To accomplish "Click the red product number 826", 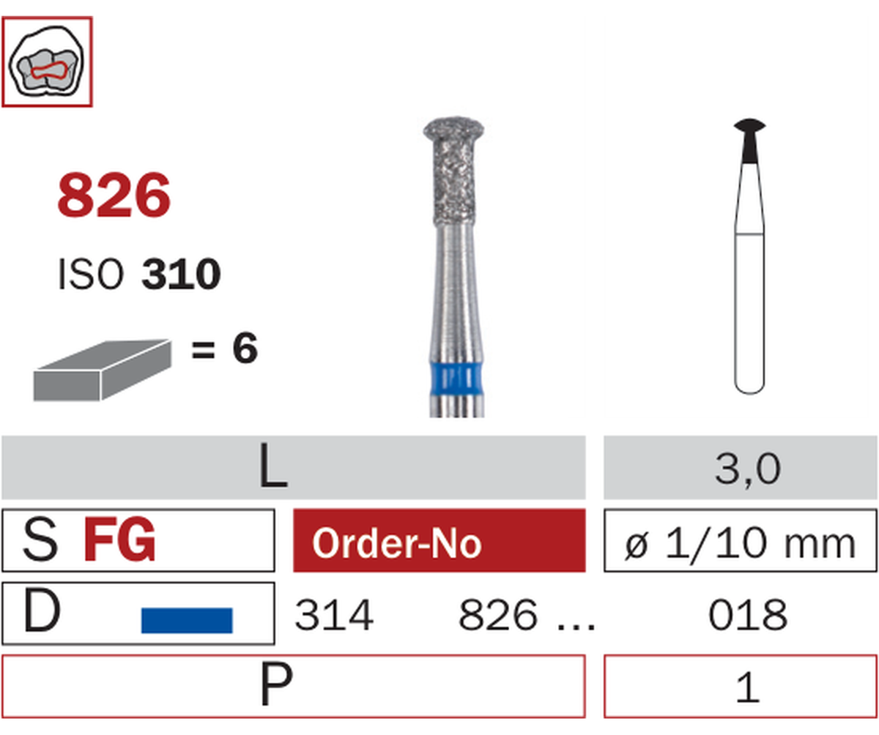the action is pyautogui.click(x=114, y=195).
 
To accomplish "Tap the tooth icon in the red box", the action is pyautogui.click(x=47, y=61).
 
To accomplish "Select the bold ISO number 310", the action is pyautogui.click(x=181, y=275).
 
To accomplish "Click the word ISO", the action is pyautogui.click(x=91, y=275).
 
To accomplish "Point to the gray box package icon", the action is pyautogui.click(x=103, y=370).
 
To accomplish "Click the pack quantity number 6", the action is pyautogui.click(x=245, y=348).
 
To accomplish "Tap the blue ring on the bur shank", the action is pyautogui.click(x=457, y=378).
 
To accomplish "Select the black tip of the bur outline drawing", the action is pyautogui.click(x=750, y=141).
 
